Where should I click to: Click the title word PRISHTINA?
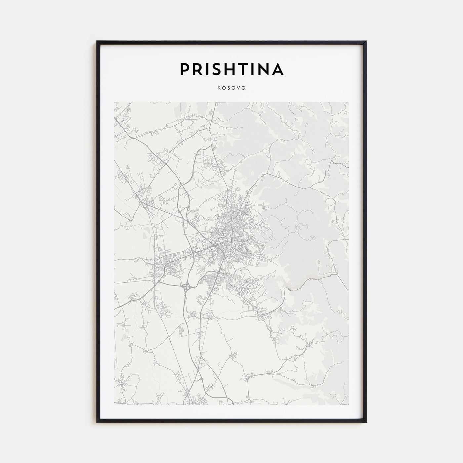[232, 69]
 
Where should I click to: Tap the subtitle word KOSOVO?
[232, 88]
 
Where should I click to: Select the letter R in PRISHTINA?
[197, 69]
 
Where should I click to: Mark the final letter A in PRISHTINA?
[278, 69]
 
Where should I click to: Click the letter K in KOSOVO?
[219, 88]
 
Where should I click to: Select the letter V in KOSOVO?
[239, 88]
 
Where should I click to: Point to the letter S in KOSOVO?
[229, 88]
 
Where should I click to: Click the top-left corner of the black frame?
[97, 41]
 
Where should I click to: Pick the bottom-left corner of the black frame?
[97, 422]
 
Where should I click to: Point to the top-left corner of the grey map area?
[114, 102]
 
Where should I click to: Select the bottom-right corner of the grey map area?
[349, 404]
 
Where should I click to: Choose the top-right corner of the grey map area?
[349, 102]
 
